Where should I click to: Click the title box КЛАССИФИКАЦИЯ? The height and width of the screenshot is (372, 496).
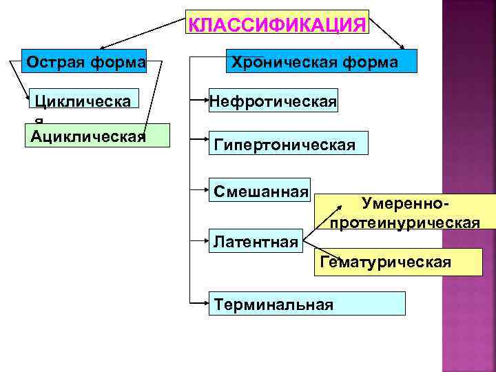277,25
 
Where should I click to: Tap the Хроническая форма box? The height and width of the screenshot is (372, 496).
314,62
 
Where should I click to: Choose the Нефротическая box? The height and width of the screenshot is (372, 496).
273,102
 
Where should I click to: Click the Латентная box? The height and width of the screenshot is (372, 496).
256,241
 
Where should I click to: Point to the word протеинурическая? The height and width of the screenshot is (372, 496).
405,223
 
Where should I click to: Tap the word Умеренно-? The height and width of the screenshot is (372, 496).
405,203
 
